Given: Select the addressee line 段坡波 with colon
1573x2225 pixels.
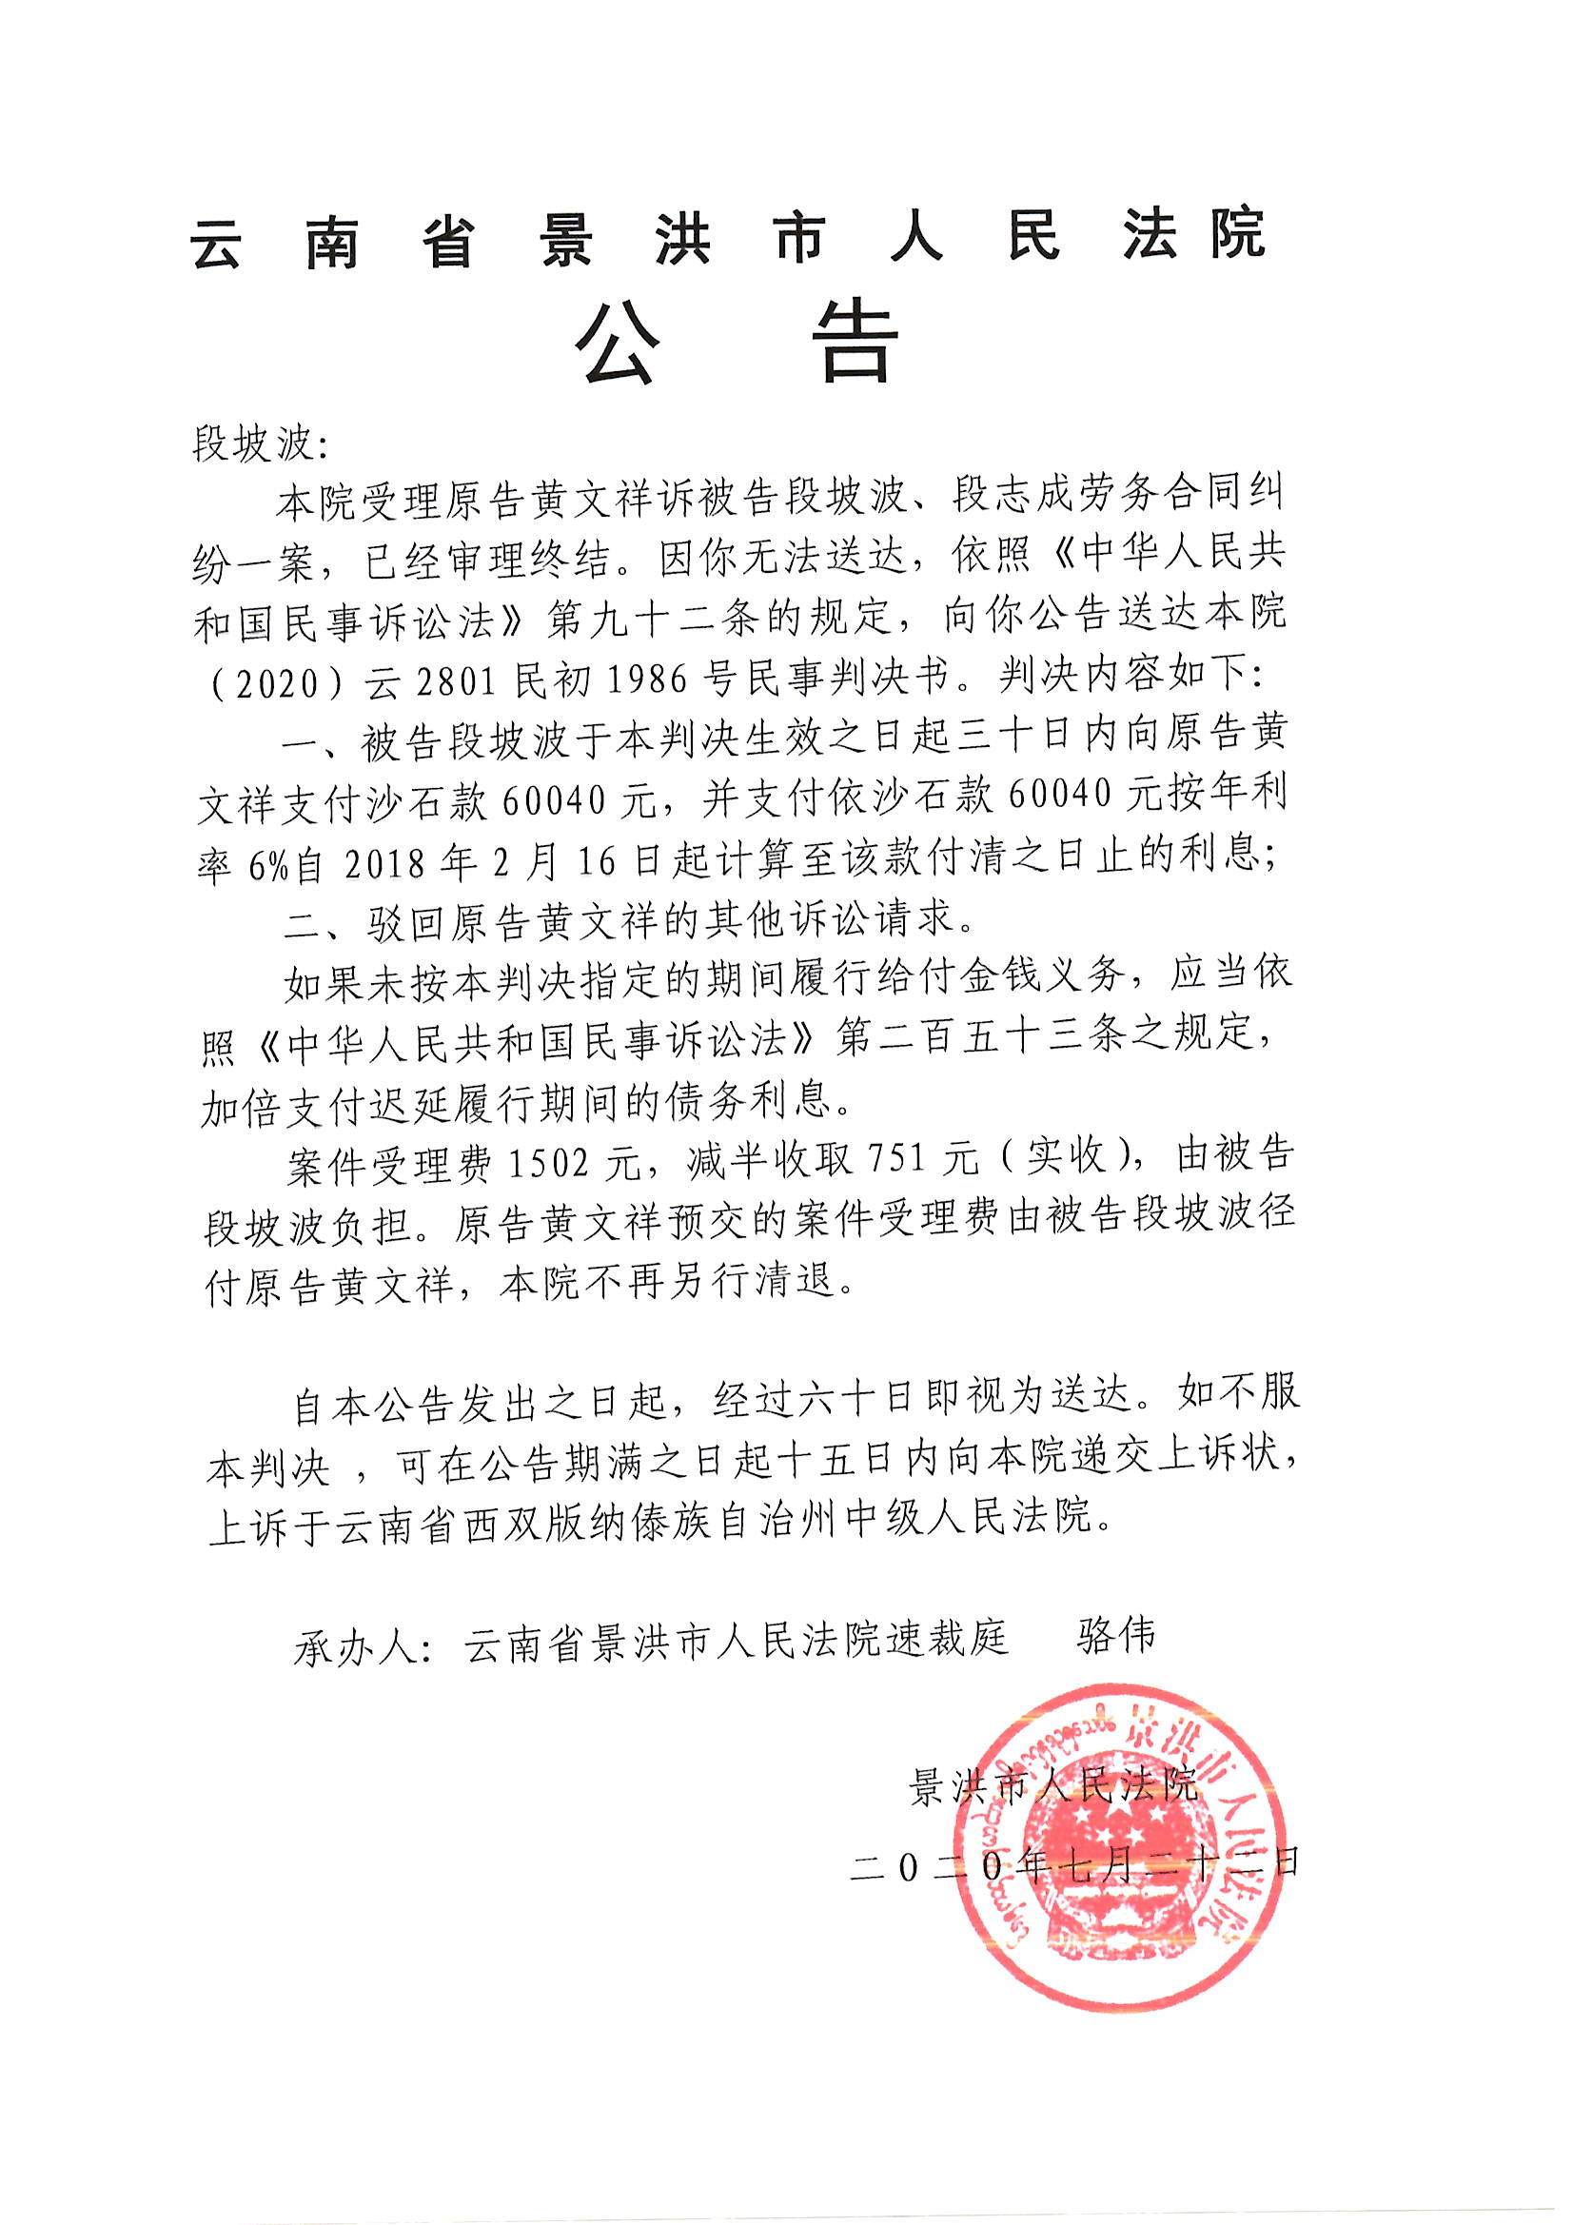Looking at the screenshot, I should tap(260, 444).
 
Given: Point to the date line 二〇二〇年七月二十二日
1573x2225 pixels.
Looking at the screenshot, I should tap(1073, 1865).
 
